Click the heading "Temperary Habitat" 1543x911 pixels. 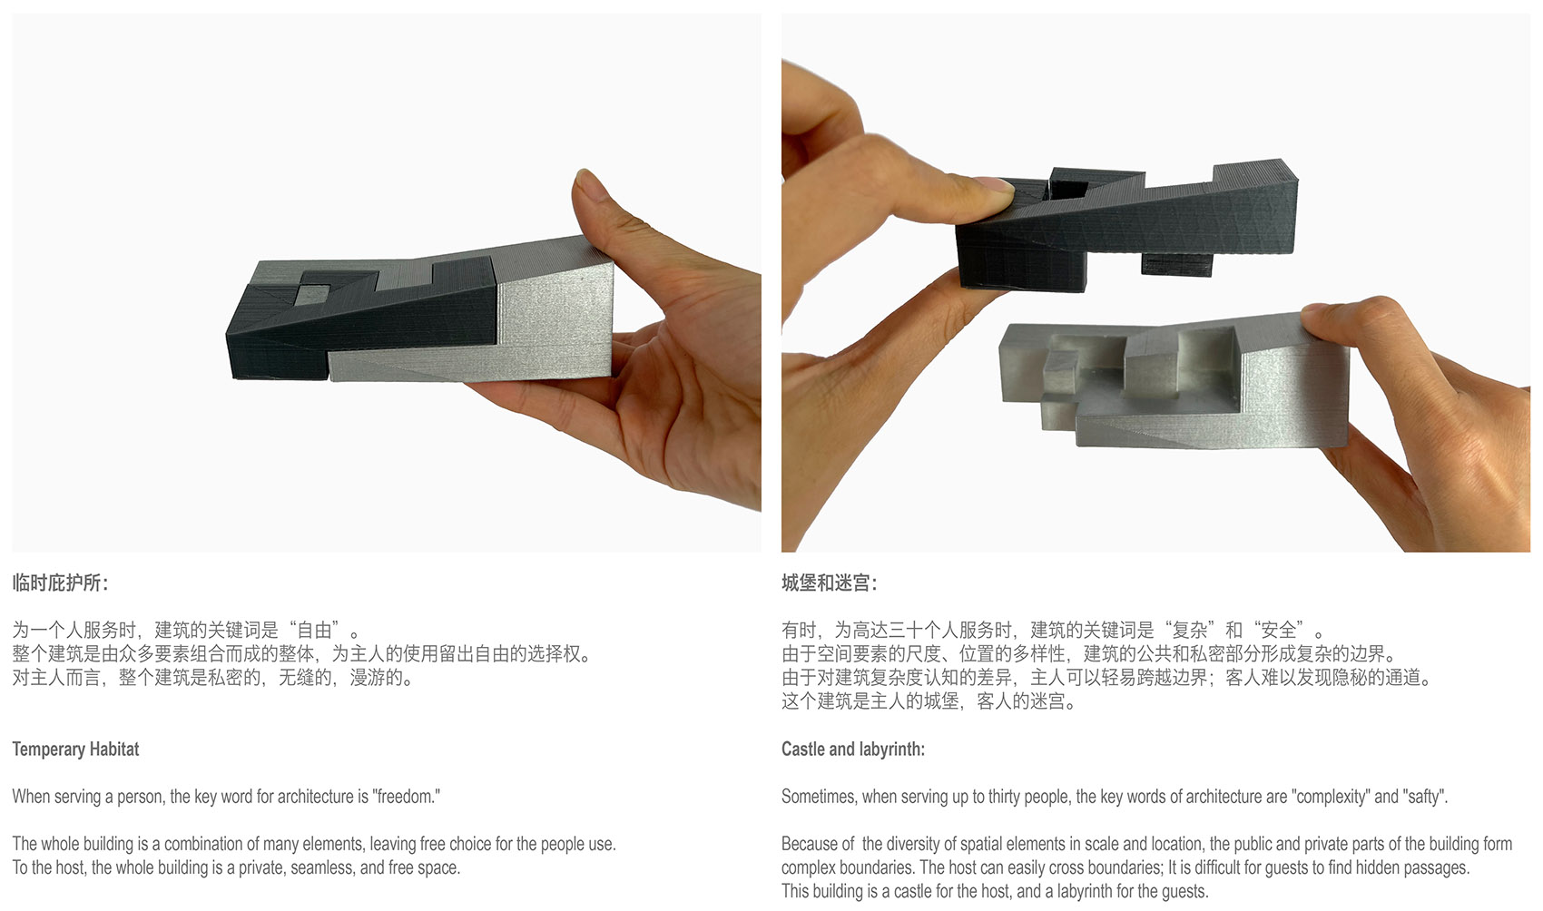tap(75, 749)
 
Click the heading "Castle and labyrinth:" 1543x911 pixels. tap(853, 749)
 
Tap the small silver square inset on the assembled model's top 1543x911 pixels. tap(313, 295)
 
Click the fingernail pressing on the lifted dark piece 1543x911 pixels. tap(993, 184)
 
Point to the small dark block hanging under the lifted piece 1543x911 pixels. tap(1176, 265)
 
